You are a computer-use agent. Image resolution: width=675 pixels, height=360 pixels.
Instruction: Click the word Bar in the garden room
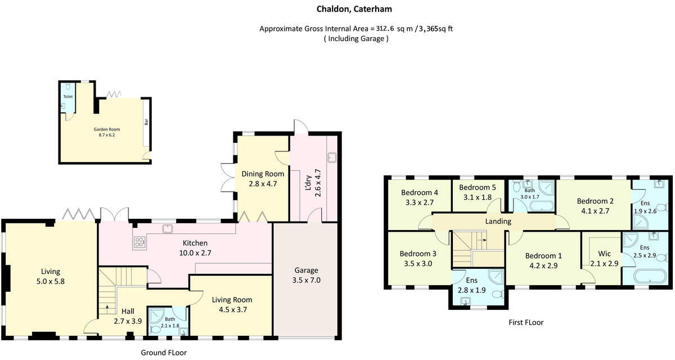[x=146, y=121]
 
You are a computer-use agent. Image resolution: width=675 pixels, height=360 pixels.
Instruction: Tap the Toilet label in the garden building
[x=67, y=97]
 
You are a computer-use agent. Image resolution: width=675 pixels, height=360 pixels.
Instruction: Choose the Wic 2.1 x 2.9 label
[x=604, y=259]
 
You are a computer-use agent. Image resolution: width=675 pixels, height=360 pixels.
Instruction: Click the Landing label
[x=498, y=222]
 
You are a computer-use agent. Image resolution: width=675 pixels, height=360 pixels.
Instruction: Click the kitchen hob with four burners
[x=138, y=242]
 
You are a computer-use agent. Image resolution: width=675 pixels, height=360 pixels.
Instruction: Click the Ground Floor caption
[x=163, y=353]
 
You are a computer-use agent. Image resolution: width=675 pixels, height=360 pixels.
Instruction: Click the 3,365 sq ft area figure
[x=438, y=29]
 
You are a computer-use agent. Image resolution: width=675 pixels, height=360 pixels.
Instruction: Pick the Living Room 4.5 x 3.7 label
[x=231, y=304]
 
